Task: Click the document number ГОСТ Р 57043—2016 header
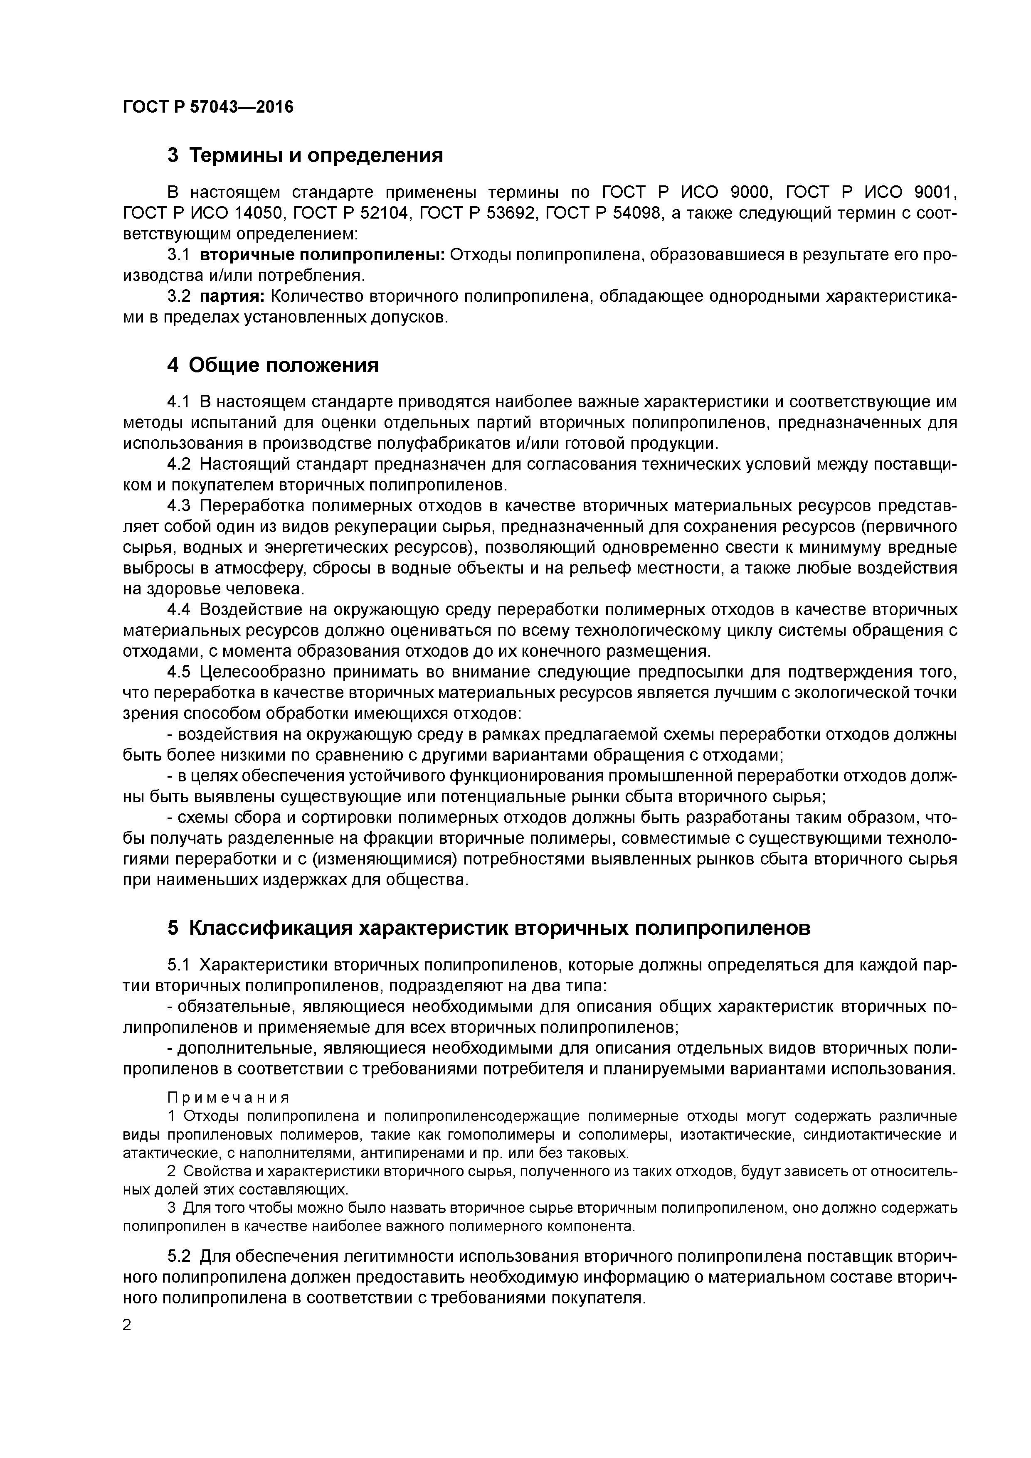coord(208,107)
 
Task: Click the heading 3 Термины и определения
coord(305,155)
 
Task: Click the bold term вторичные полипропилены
coord(322,255)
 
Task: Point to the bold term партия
coord(232,297)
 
